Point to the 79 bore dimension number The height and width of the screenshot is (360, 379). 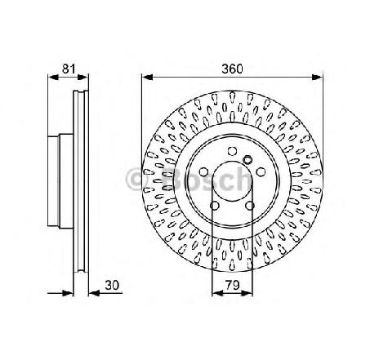point(231,286)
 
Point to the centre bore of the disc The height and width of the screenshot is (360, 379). point(231,181)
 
